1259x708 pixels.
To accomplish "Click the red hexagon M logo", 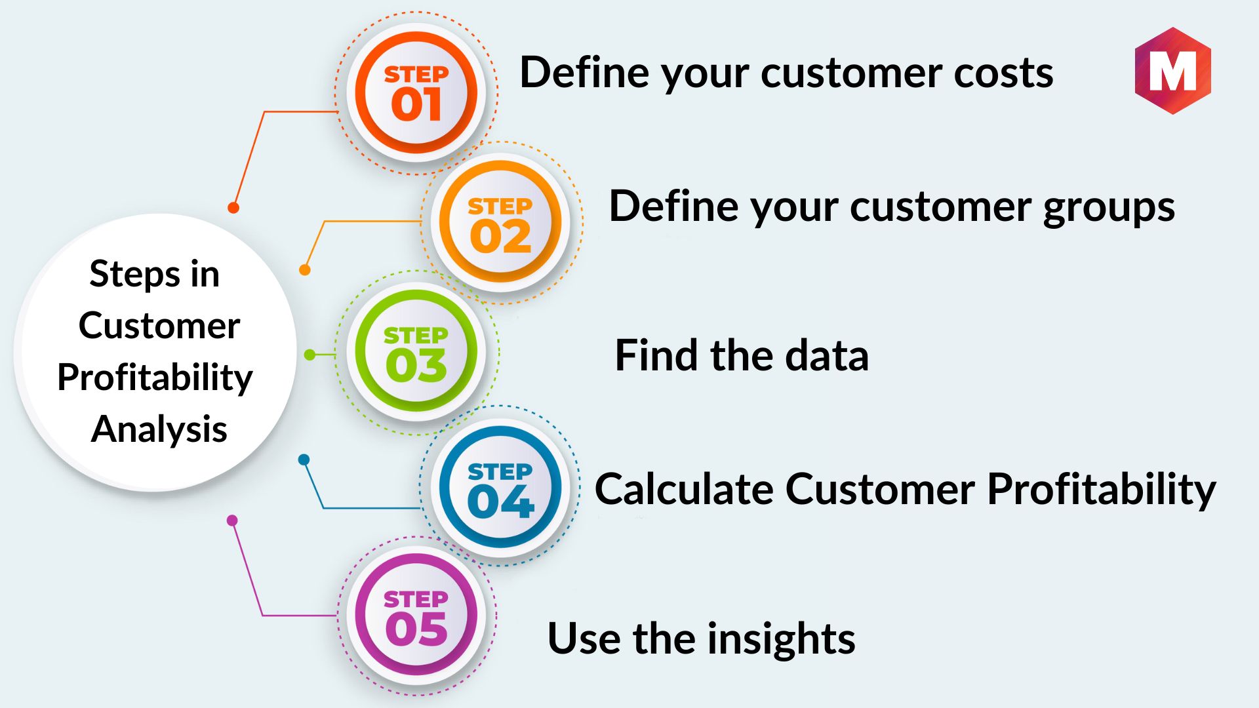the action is pyautogui.click(x=1172, y=71).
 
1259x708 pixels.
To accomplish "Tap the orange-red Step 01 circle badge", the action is pyautogui.click(x=416, y=92).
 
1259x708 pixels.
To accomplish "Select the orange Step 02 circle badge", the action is pyautogui.click(x=500, y=222).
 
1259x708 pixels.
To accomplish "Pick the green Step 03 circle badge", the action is pyautogui.click(x=416, y=351).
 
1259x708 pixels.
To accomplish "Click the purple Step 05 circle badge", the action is pyautogui.click(x=416, y=616).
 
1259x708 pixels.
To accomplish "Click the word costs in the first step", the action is pyautogui.click(x=1003, y=73).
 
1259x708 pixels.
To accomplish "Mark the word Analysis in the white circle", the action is pyautogui.click(x=159, y=430).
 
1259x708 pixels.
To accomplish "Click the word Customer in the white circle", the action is pyautogui.click(x=159, y=326).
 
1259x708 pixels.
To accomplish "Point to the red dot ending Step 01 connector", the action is pyautogui.click(x=233, y=208).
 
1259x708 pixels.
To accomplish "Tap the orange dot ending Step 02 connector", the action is pyautogui.click(x=305, y=269).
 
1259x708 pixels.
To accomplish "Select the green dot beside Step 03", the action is pyautogui.click(x=310, y=355).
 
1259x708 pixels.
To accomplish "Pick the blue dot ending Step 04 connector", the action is pyautogui.click(x=304, y=460).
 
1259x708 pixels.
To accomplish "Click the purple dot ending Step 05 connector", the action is pyautogui.click(x=232, y=521).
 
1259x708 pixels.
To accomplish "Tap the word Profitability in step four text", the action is pyautogui.click(x=1102, y=490).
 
